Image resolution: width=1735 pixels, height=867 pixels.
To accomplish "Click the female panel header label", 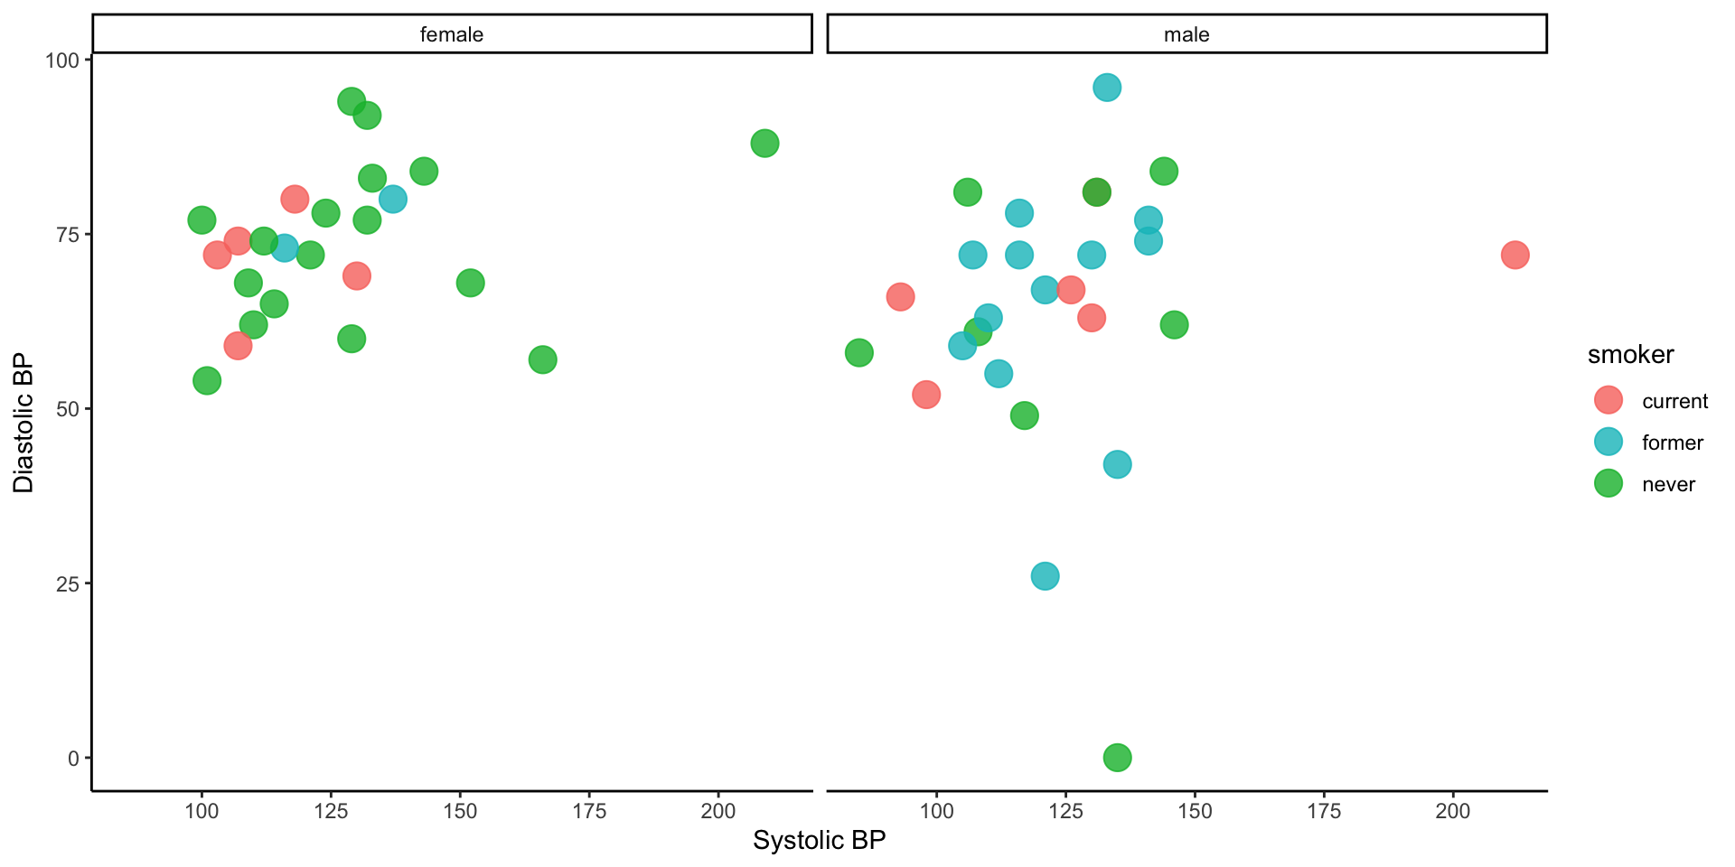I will click(x=452, y=34).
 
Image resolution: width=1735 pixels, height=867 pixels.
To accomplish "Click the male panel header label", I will click(x=1186, y=34).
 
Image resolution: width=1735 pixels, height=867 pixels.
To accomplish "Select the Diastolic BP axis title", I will click(x=23, y=423).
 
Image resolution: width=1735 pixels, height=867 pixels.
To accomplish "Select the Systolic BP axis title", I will click(x=819, y=840).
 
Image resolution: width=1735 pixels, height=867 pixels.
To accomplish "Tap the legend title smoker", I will click(x=1630, y=355).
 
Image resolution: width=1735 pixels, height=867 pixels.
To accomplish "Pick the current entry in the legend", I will click(x=1674, y=401).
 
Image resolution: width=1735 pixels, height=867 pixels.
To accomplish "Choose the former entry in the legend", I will click(x=1672, y=443).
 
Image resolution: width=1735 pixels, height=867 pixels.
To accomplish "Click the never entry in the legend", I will click(x=1668, y=484).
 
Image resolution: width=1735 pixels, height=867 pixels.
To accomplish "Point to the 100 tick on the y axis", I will click(x=62, y=61).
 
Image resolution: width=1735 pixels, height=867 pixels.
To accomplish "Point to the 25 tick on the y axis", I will click(x=68, y=583).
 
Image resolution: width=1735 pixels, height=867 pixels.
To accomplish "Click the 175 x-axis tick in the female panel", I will click(x=589, y=811).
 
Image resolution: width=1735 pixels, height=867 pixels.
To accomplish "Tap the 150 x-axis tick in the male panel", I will click(x=1195, y=811).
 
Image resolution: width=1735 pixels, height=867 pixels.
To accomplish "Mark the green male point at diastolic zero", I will click(x=1117, y=758).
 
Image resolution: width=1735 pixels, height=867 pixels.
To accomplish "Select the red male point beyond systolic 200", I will click(x=1515, y=256).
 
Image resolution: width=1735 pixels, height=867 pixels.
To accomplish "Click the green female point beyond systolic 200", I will click(x=764, y=144).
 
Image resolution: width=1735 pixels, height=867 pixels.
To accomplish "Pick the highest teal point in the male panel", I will click(x=1107, y=88).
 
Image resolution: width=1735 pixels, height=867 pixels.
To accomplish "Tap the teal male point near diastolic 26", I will click(x=1045, y=576).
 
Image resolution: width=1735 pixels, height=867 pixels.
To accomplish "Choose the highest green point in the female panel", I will click(x=352, y=101).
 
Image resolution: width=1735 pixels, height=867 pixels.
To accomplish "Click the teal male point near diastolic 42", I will click(x=1117, y=464).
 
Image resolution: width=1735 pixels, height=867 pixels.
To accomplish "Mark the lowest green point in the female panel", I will click(x=207, y=381).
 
